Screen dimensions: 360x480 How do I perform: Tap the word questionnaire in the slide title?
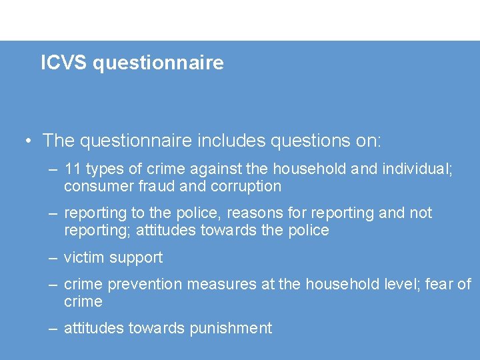pyautogui.click(x=159, y=64)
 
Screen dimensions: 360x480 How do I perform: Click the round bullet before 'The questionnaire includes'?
pyautogui.click(x=28, y=141)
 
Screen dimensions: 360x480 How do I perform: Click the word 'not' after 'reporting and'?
pyautogui.click(x=420, y=213)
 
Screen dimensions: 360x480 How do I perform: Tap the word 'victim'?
pyautogui.click(x=85, y=257)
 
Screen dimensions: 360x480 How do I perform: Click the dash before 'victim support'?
pyautogui.click(x=53, y=257)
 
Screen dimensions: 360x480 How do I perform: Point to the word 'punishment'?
pyautogui.click(x=231, y=329)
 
